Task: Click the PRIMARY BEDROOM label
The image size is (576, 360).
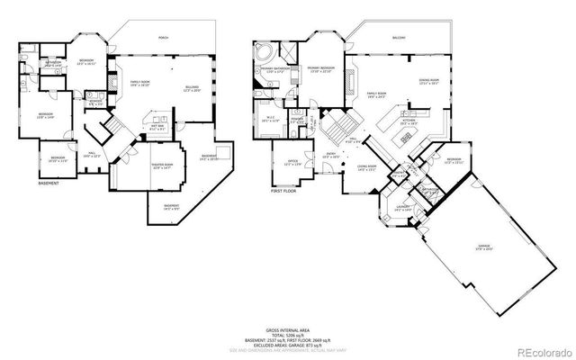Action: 320,69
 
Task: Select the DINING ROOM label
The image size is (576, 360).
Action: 429,82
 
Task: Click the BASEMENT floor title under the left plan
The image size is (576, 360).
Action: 49,184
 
